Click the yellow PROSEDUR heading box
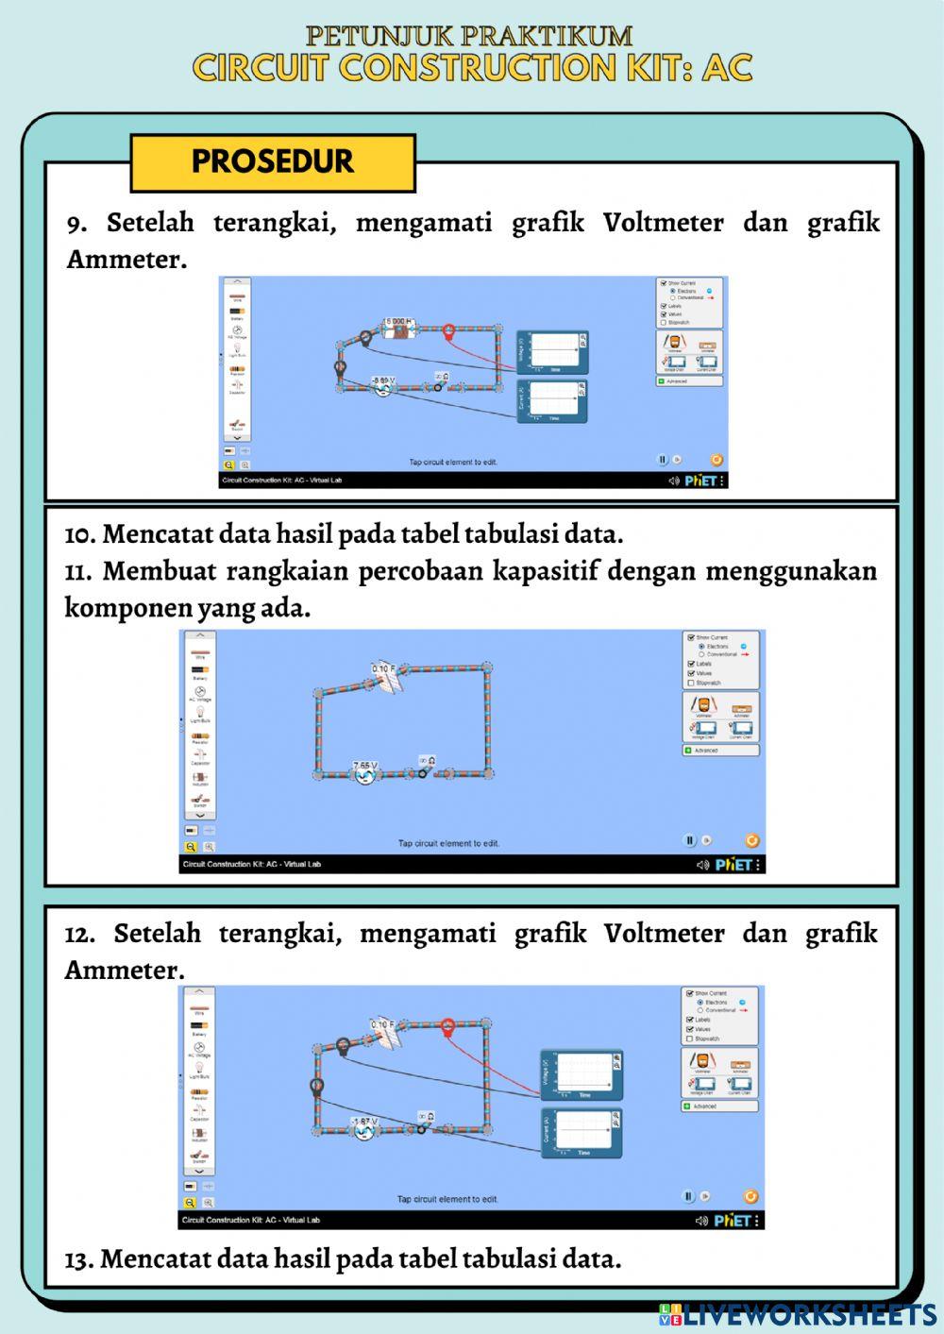pyautogui.click(x=272, y=162)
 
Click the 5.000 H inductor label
pyautogui.click(x=398, y=323)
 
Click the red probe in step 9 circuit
pyautogui.click(x=449, y=332)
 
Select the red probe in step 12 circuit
pyautogui.click(x=448, y=1026)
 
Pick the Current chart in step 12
pyautogui.click(x=582, y=1133)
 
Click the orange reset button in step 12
pyautogui.click(x=750, y=1196)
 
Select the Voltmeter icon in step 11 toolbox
pyautogui.click(x=702, y=707)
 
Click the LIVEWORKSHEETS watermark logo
pyautogui.click(x=799, y=1314)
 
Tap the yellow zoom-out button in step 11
pyautogui.click(x=191, y=847)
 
